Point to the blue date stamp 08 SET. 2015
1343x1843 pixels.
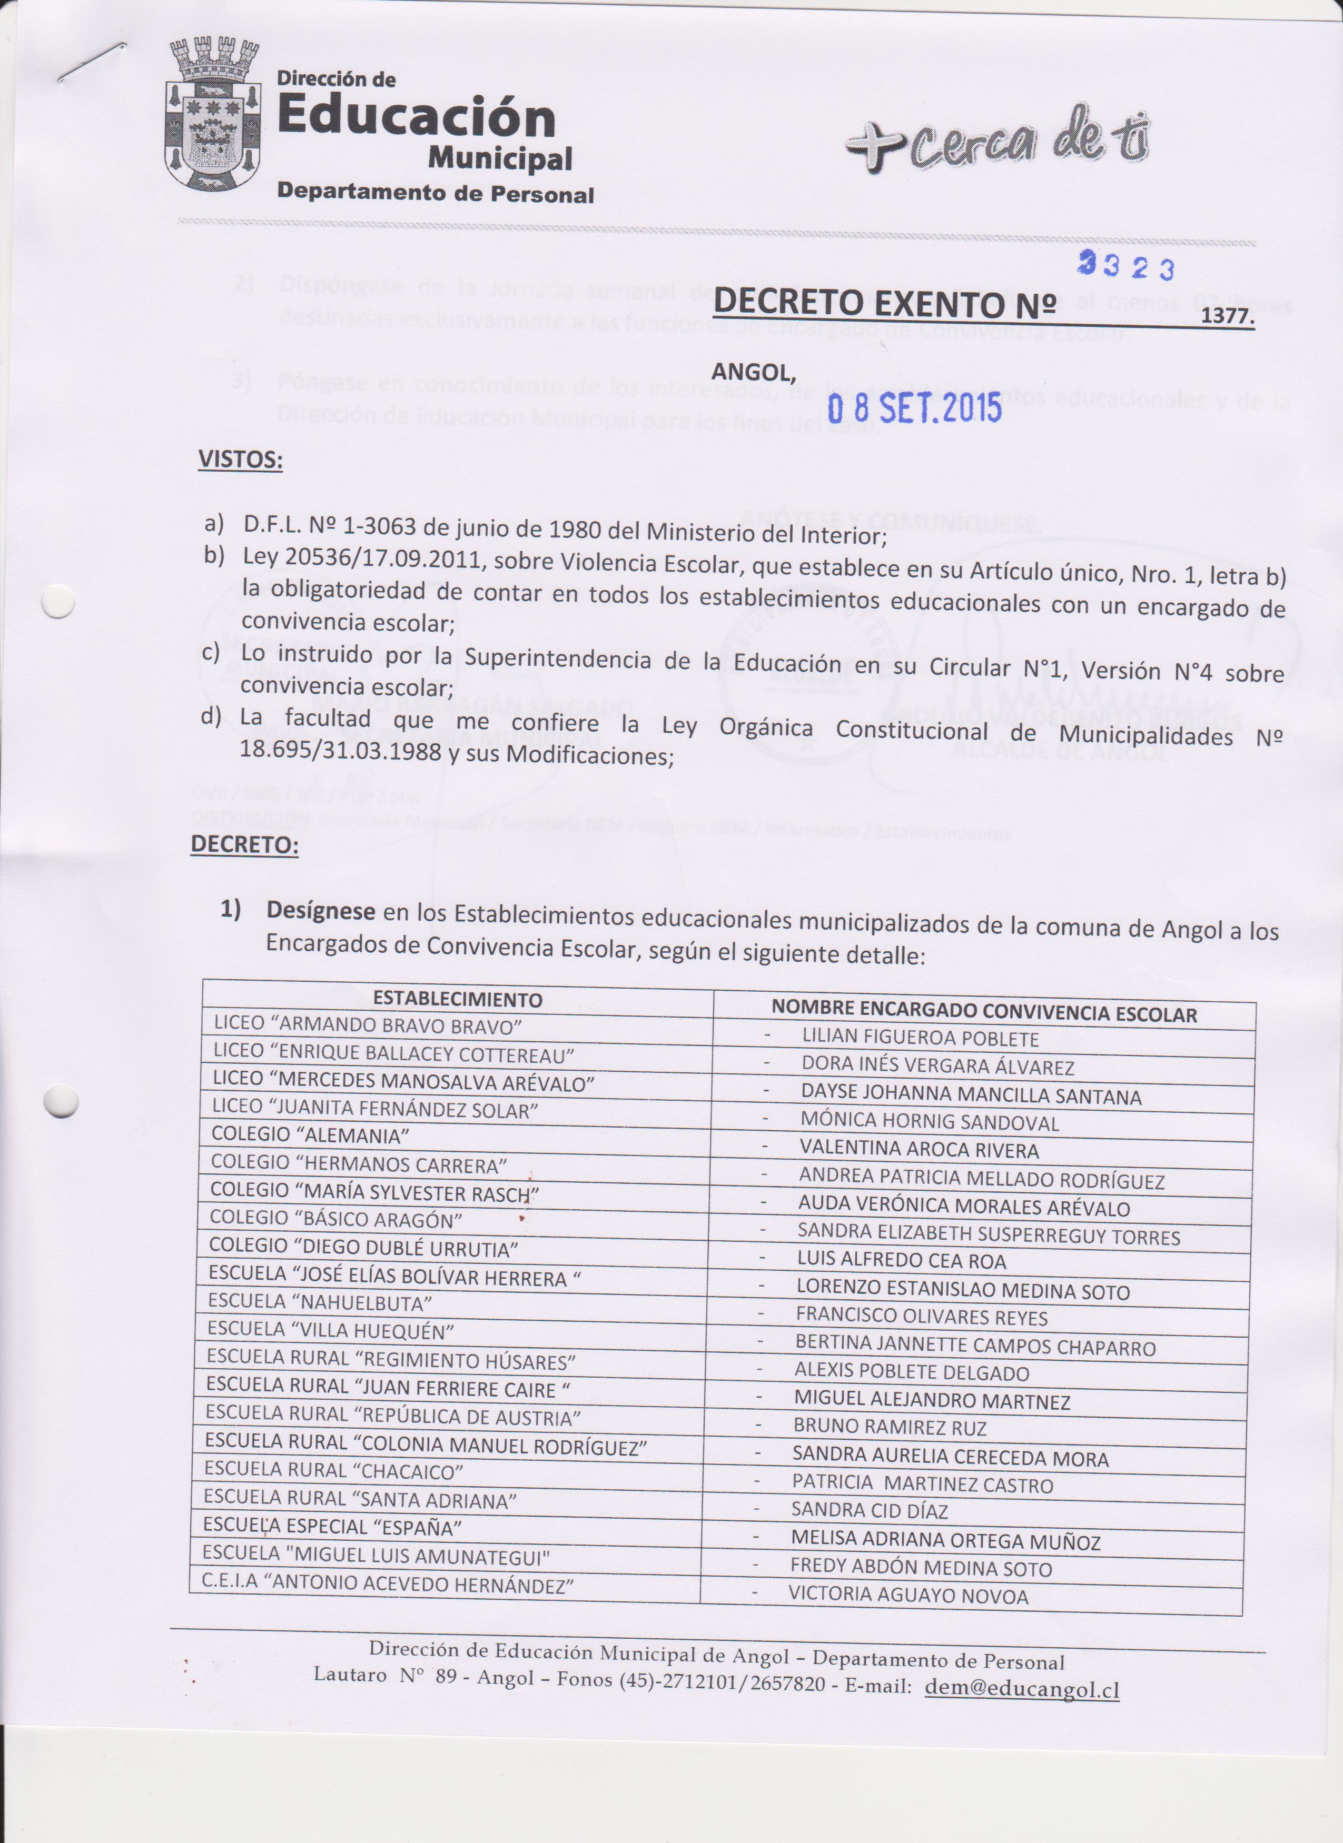click(x=914, y=407)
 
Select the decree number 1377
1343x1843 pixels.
click(x=1228, y=316)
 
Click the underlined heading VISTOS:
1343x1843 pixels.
click(x=241, y=460)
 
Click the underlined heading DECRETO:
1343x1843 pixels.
click(x=244, y=844)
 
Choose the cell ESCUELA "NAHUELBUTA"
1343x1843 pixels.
click(x=320, y=1302)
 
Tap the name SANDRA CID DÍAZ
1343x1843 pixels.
click(x=869, y=1511)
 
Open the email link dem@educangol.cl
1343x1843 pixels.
click(x=1022, y=1689)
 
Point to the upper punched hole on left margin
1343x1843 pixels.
click(x=58, y=603)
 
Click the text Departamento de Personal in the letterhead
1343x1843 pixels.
click(x=435, y=193)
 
